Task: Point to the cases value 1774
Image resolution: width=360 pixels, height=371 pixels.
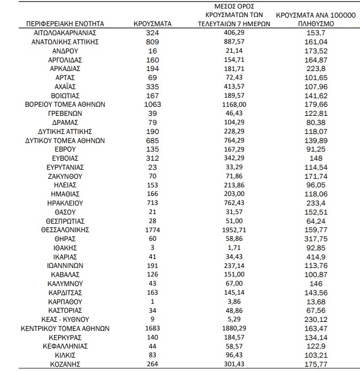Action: coord(152,230)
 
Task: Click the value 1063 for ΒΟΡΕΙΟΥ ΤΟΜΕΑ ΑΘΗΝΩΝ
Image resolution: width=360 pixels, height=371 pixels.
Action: coord(152,104)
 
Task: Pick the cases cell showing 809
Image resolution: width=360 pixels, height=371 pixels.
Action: coord(152,41)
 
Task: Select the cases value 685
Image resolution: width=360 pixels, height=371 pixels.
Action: coord(152,140)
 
